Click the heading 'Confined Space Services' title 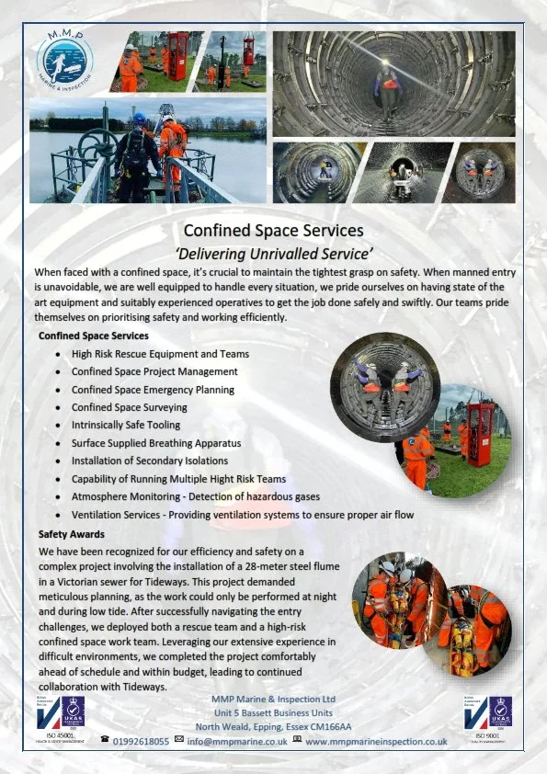pyautogui.click(x=273, y=230)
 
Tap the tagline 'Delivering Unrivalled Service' pyautogui.click(x=273, y=252)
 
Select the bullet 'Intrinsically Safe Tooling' pyautogui.click(x=126, y=425)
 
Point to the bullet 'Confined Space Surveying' pyautogui.click(x=130, y=407)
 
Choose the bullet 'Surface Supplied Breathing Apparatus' pyautogui.click(x=155, y=443)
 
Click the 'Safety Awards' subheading pyautogui.click(x=72, y=533)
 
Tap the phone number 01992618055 pyautogui.click(x=141, y=740)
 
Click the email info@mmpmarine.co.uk pyautogui.click(x=237, y=740)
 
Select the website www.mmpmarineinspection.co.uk pyautogui.click(x=376, y=740)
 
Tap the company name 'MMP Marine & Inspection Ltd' pyautogui.click(x=274, y=698)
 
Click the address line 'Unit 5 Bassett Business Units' pyautogui.click(x=274, y=712)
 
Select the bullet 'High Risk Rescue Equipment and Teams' pyautogui.click(x=160, y=354)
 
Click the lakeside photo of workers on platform pyautogui.click(x=148, y=151)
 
